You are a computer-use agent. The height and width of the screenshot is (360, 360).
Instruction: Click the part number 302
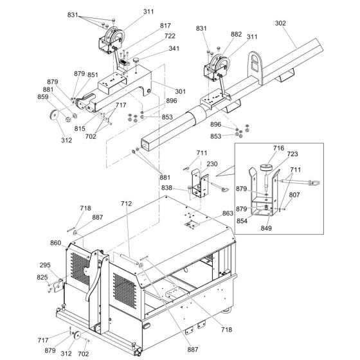(x=280, y=23)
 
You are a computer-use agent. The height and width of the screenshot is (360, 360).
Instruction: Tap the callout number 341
(x=174, y=48)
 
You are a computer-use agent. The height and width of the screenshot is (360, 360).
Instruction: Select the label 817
(x=165, y=26)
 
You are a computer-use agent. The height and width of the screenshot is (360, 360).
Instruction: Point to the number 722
(x=170, y=36)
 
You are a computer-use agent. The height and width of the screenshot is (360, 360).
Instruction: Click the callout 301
(x=180, y=91)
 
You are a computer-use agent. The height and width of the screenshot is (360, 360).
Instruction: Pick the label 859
(x=43, y=97)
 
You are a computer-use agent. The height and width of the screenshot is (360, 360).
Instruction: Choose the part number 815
(x=80, y=129)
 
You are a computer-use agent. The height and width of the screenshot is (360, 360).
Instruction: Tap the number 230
(x=212, y=164)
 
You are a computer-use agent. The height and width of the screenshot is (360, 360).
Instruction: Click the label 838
(x=166, y=188)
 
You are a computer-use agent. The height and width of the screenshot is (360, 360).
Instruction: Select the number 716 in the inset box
(x=278, y=148)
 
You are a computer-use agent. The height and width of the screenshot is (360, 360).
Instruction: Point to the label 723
(x=292, y=154)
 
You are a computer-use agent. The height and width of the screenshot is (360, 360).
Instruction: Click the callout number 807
(x=294, y=195)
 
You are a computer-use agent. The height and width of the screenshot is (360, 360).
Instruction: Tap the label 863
(x=228, y=213)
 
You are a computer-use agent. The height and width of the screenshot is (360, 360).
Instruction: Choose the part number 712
(x=127, y=204)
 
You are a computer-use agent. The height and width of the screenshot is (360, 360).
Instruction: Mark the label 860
(x=56, y=243)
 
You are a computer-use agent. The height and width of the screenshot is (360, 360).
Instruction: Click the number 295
(x=45, y=265)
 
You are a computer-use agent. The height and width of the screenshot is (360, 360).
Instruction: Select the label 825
(x=42, y=277)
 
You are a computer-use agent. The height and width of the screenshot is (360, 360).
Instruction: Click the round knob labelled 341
(x=136, y=60)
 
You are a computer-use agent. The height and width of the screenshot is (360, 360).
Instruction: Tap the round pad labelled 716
(x=265, y=167)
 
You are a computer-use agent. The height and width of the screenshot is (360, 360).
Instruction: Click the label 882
(x=237, y=34)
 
